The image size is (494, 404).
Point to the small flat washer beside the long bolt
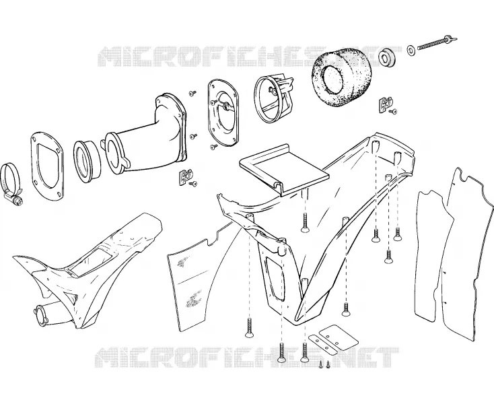pyautogui.click(x=411, y=50)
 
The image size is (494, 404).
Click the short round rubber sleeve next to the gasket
pyautogui.click(x=87, y=162)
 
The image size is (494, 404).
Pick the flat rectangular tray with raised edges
pyautogui.click(x=283, y=168)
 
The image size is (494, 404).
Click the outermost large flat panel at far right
pyautogui.click(x=466, y=252)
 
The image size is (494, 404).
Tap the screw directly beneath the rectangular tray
pyautogui.click(x=304, y=223)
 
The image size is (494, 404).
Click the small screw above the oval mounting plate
pyautogui.click(x=192, y=93)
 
